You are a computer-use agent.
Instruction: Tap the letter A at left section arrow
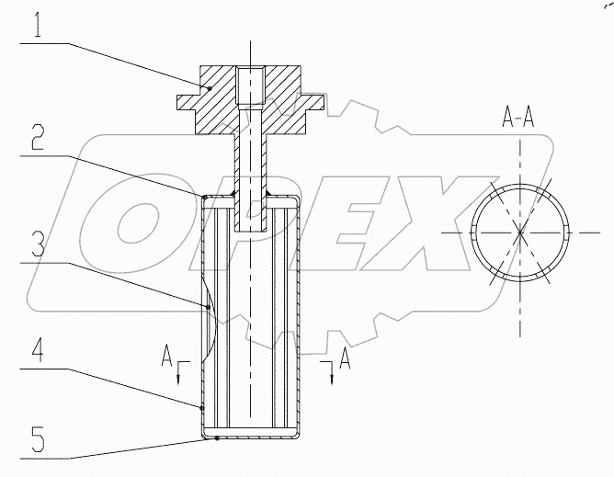(x=165, y=354)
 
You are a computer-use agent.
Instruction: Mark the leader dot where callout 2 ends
(x=202, y=195)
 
